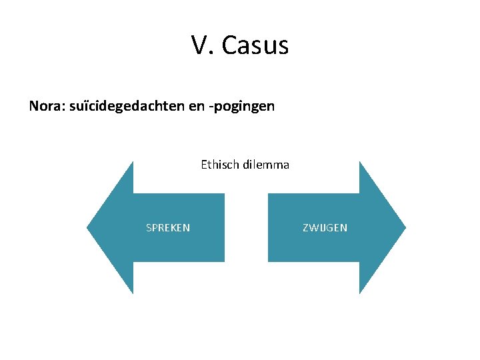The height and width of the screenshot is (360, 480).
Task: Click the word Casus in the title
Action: pyautogui.click(x=255, y=45)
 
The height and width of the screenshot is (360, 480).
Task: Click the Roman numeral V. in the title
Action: pyautogui.click(x=202, y=45)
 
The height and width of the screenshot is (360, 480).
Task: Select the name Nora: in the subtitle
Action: pyautogui.click(x=47, y=106)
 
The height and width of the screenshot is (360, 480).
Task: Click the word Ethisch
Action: pyautogui.click(x=219, y=165)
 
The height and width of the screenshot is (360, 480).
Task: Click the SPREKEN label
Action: pyautogui.click(x=168, y=228)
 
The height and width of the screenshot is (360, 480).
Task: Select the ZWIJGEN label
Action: pyautogui.click(x=325, y=228)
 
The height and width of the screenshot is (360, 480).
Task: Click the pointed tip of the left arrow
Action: pyautogui.click(x=89, y=227)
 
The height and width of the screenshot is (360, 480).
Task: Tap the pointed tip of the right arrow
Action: pyautogui.click(x=404, y=227)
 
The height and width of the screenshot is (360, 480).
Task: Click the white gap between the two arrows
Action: pyautogui.click(x=246, y=227)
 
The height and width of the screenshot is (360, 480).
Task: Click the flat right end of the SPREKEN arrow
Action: pyautogui.click(x=223, y=227)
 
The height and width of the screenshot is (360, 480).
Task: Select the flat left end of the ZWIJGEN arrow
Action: pyautogui.click(x=270, y=227)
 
